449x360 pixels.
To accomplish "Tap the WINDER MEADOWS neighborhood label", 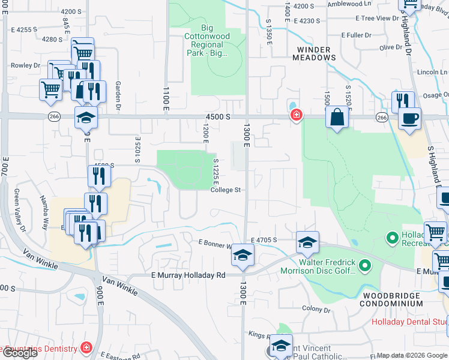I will pos(313,53).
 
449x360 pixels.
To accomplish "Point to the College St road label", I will pos(226,190).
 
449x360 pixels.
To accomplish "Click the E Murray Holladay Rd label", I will pos(186,275).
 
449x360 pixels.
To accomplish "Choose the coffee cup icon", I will pos(409,118).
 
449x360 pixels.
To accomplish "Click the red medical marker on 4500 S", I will pos(295,115).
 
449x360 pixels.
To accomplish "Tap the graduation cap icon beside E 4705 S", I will pos(307,242).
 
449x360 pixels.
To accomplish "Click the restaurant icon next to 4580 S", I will pos(99,176).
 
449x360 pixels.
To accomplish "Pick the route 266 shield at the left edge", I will pos(54,117).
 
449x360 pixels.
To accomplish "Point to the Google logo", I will pos(19,352).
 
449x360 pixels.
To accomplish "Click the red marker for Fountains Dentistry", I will pos(86,348).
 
